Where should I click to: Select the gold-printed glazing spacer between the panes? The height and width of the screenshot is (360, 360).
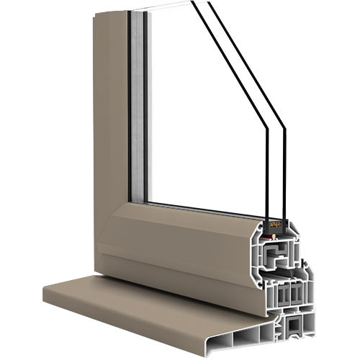click(x=275, y=225)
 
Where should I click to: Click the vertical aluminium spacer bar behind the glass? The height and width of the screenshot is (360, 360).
click(x=138, y=108)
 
